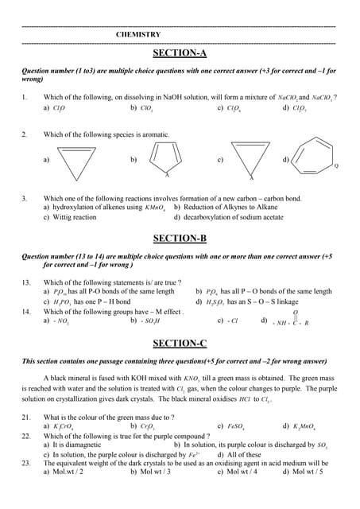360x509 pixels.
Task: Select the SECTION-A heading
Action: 180,53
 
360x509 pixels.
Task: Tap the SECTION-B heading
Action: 180,238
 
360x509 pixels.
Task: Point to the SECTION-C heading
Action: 180,343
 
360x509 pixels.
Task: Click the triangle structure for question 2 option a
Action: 77,165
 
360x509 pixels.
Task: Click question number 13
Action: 26,282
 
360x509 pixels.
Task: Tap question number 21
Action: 26,417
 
